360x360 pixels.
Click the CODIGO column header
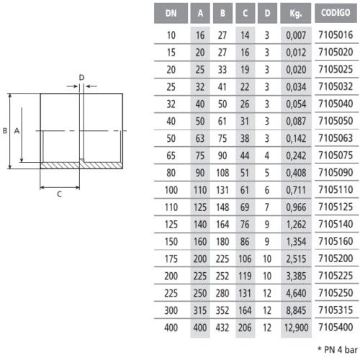pos(336,13)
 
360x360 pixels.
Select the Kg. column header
pos(295,13)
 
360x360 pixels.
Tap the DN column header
pos(171,13)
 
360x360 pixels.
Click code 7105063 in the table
pos(336,138)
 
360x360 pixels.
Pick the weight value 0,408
pos(296,173)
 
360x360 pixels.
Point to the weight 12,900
pos(296,328)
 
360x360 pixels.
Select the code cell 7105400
pos(336,327)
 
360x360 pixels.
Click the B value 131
pos(222,190)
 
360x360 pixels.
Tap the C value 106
pos(245,258)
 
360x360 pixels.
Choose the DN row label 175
pos(171,259)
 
